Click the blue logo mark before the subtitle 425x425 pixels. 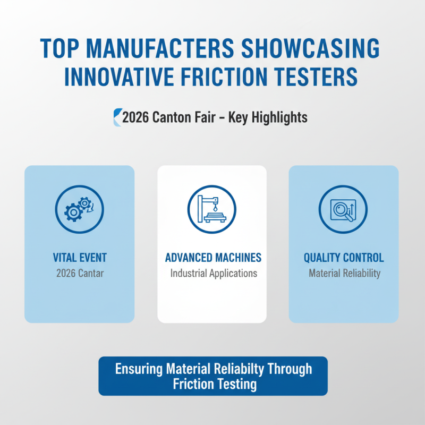pyautogui.click(x=117, y=117)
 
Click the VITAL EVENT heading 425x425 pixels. pyautogui.click(x=80, y=258)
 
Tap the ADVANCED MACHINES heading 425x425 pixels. pyautogui.click(x=213, y=258)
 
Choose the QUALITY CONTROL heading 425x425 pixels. pyautogui.click(x=344, y=258)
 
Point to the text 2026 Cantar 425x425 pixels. pyautogui.click(x=80, y=274)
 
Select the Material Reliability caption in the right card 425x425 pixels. pyautogui.click(x=344, y=274)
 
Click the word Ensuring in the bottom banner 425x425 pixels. pyautogui.click(x=137, y=369)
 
